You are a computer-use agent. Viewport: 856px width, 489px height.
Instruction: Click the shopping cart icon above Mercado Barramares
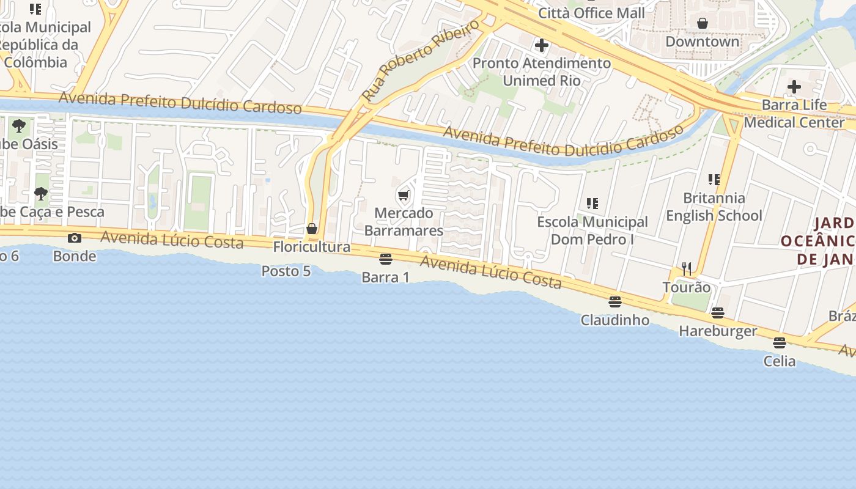[x=403, y=196]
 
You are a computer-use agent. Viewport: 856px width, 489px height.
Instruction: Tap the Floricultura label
[x=312, y=247]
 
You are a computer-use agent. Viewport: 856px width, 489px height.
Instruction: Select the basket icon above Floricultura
[x=312, y=229]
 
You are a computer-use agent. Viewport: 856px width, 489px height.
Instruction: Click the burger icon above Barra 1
[x=385, y=259]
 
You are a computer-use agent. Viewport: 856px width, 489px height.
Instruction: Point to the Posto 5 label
[x=286, y=271]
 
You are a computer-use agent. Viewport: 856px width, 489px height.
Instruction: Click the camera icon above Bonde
[x=75, y=238]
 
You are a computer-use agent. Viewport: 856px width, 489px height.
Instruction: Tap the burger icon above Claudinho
[x=615, y=302]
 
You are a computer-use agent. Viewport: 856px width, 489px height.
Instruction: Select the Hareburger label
[x=718, y=331]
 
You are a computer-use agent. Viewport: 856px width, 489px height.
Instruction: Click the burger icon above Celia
[x=779, y=343]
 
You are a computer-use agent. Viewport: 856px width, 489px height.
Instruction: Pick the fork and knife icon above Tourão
[x=687, y=269]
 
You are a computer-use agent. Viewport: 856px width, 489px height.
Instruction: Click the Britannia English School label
[x=714, y=207]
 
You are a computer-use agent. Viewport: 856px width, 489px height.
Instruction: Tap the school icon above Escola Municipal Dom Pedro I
[x=592, y=203]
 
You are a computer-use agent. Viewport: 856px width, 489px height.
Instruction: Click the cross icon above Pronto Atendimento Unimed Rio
[x=541, y=45]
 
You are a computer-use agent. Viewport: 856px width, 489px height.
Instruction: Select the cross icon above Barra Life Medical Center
[x=794, y=87]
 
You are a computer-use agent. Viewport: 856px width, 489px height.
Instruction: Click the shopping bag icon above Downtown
[x=703, y=23]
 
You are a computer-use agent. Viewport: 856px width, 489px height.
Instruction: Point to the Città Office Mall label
[x=591, y=13]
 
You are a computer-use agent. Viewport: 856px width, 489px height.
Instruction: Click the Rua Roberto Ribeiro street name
[x=420, y=61]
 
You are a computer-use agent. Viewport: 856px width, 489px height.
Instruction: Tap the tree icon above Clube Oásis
[x=19, y=126]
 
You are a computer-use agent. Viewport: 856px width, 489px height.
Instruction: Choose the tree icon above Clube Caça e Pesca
[x=41, y=194]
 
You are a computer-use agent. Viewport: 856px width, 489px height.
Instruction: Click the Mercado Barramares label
[x=404, y=222]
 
